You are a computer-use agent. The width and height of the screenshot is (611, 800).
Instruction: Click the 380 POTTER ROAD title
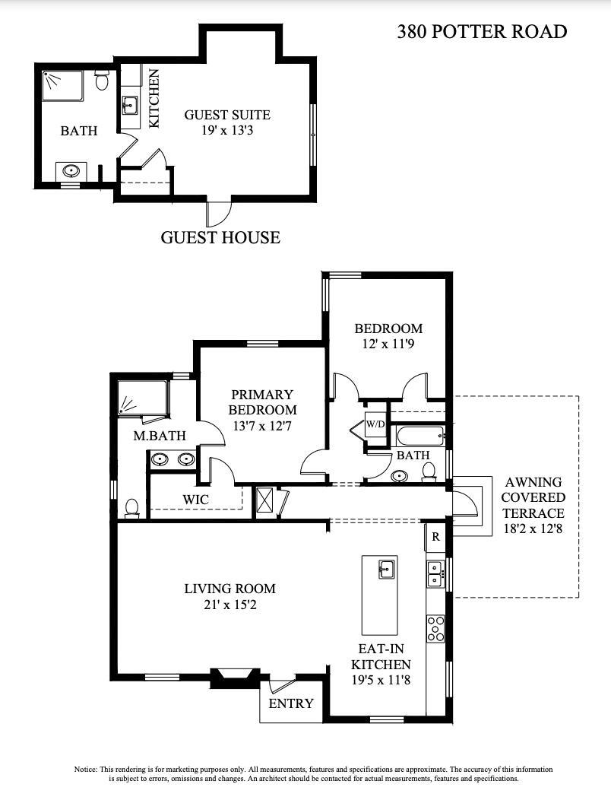coord(482,32)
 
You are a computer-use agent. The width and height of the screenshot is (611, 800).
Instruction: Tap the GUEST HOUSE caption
coord(220,237)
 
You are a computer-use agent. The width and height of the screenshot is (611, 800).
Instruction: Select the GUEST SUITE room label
coord(227,115)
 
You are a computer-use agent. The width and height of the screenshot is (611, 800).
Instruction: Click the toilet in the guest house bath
coord(102,80)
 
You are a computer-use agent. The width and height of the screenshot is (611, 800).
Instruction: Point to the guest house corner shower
coord(62,86)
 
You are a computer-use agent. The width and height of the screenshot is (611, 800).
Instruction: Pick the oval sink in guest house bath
coord(71,170)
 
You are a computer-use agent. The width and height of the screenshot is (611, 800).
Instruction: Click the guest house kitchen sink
coord(130,105)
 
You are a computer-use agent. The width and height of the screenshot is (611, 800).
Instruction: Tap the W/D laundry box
coord(375,424)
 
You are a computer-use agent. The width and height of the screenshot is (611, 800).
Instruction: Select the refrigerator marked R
coord(435,537)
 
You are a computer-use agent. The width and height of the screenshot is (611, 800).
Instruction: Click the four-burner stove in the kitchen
coord(435,629)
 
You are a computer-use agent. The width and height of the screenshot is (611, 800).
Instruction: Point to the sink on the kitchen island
coord(385,568)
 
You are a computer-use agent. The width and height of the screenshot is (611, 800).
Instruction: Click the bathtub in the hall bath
coord(418,437)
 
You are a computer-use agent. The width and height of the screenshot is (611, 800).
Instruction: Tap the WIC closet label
coord(195,500)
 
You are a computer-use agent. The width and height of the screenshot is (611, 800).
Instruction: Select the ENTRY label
coord(291,703)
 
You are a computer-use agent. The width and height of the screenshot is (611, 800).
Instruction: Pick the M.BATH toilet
coord(132,509)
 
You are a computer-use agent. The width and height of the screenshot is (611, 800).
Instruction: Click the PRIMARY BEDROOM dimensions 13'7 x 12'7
coord(262,426)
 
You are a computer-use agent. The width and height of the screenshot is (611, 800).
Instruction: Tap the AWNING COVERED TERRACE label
coord(533,497)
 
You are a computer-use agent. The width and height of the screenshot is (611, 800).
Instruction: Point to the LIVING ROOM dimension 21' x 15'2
coord(230,605)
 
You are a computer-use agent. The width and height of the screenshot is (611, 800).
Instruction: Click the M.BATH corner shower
coord(142,398)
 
